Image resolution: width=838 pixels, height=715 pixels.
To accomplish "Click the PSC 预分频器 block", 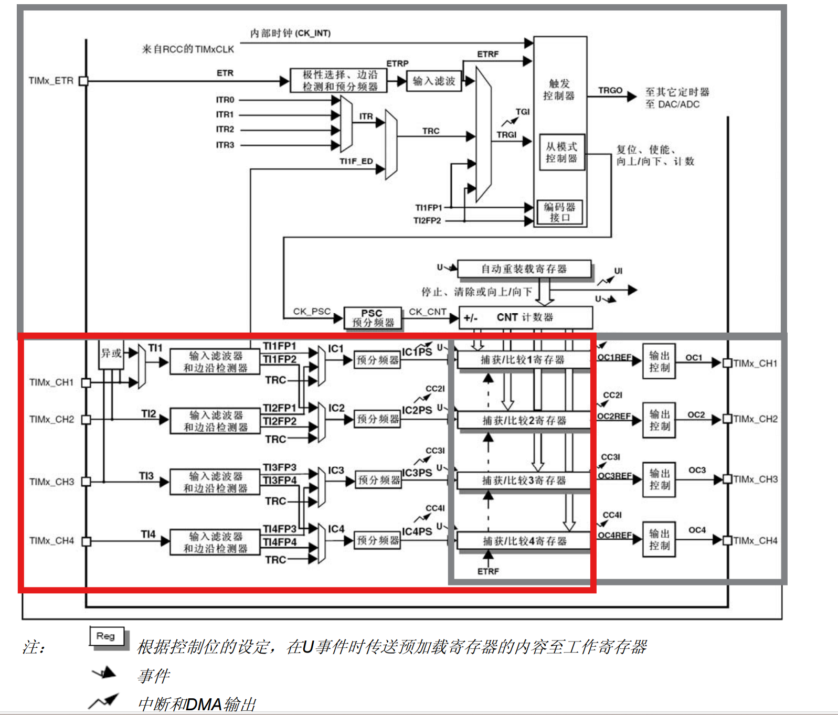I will tap(373, 318).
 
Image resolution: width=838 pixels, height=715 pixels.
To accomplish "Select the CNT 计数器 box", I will tap(525, 317).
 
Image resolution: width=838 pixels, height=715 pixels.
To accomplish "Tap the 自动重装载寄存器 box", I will tap(524, 269).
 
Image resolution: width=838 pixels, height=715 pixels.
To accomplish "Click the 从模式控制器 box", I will tap(561, 152).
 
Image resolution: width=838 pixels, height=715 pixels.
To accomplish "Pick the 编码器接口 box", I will tap(559, 212).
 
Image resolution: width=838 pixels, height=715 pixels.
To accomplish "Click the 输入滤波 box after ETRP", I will tap(434, 81).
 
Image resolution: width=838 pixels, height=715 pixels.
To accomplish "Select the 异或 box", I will tap(111, 354).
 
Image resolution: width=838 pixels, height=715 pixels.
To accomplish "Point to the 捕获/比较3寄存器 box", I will tap(524, 481).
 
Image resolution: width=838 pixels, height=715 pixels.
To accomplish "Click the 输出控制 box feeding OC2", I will tap(659, 420).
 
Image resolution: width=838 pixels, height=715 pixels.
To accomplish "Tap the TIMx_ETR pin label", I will tap(51, 81).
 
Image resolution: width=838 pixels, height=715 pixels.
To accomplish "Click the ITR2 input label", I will tap(225, 129).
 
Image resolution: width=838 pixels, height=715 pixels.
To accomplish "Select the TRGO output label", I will tap(610, 90).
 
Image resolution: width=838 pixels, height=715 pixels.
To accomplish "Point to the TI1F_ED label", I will tap(356, 161).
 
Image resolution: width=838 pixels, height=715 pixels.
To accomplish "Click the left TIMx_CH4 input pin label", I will tap(51, 540).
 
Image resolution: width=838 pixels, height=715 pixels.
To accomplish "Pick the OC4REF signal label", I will tap(614, 535).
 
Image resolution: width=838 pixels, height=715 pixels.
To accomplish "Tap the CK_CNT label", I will tap(428, 312).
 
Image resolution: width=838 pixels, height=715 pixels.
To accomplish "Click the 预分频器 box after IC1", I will tap(378, 360).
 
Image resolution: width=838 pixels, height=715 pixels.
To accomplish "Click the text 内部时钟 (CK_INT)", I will tap(290, 33).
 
